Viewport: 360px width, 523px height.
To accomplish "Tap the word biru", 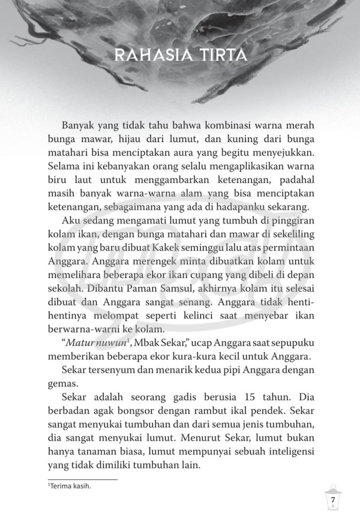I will [x=58, y=181].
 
